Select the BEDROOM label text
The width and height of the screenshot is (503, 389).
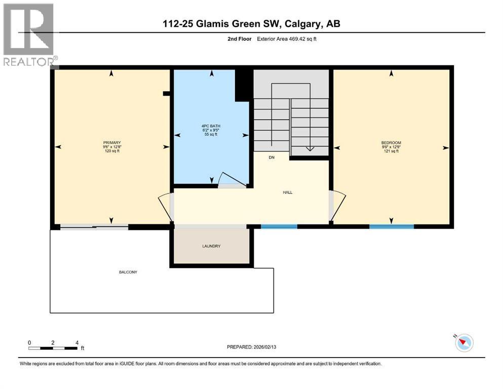pos(391,143)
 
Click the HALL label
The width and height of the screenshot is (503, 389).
pos(288,192)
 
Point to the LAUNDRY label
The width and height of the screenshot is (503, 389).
pos(211,246)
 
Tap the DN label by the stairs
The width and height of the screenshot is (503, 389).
pos(272,158)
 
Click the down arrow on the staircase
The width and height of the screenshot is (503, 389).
pos(310,148)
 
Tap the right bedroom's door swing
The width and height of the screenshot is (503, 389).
pos(338,207)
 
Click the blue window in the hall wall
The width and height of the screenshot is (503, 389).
pos(279,226)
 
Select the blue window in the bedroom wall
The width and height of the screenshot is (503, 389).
pos(391,226)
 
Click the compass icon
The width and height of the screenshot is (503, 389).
pos(463,343)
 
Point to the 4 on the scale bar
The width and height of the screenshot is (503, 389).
pos(76,342)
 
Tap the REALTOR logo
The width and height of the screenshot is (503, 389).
pos(29,34)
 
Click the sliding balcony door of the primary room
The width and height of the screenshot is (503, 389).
pos(94,227)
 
